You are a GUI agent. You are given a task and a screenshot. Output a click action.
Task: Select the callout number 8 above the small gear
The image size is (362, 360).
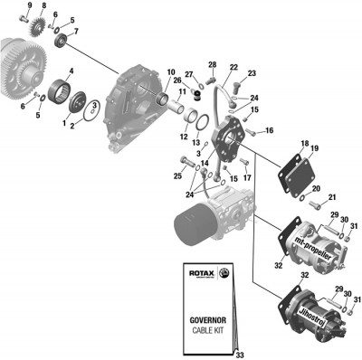[43, 6]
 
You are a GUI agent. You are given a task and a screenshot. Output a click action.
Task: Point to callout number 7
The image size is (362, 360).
[76, 33]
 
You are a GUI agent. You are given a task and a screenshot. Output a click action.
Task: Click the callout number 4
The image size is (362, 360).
[71, 71]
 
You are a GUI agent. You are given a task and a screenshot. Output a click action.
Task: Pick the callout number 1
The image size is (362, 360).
[63, 119]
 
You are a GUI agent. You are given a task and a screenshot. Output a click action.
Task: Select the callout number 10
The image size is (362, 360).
[171, 71]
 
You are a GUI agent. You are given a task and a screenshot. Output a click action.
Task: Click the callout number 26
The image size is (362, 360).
[177, 81]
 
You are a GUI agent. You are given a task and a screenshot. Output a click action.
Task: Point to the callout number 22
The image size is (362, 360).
[233, 68]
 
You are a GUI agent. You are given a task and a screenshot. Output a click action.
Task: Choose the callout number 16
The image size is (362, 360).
[269, 131]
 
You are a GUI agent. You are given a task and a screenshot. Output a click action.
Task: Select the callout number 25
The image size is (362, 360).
[177, 175]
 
